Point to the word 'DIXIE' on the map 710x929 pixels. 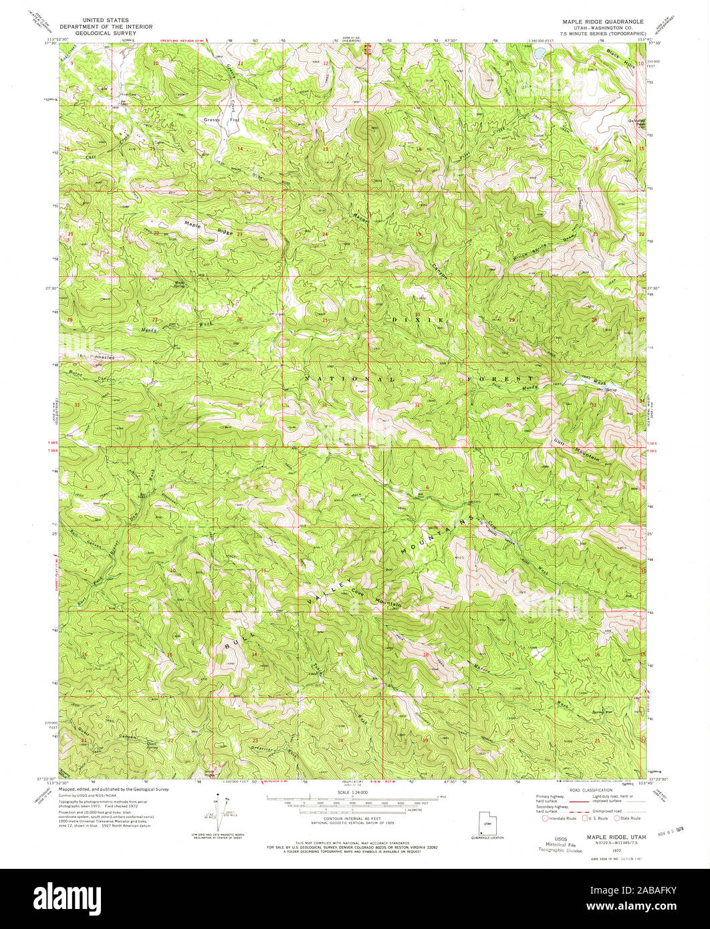pyautogui.click(x=418, y=320)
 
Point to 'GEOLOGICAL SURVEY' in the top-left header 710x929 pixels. pyautogui.click(x=106, y=32)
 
